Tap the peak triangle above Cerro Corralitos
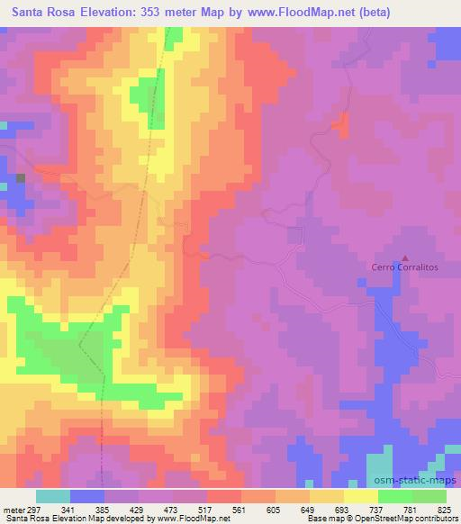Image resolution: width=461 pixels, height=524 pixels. pyautogui.click(x=404, y=256)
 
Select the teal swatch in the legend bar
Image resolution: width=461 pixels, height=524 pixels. pyautogui.click(x=52, y=497)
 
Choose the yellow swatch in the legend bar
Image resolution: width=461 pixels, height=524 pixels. pyautogui.click(x=360, y=497)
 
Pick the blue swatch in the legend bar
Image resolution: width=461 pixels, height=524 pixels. pyautogui.click(x=86, y=497)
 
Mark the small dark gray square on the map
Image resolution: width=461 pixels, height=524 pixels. pyautogui.click(x=20, y=178)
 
